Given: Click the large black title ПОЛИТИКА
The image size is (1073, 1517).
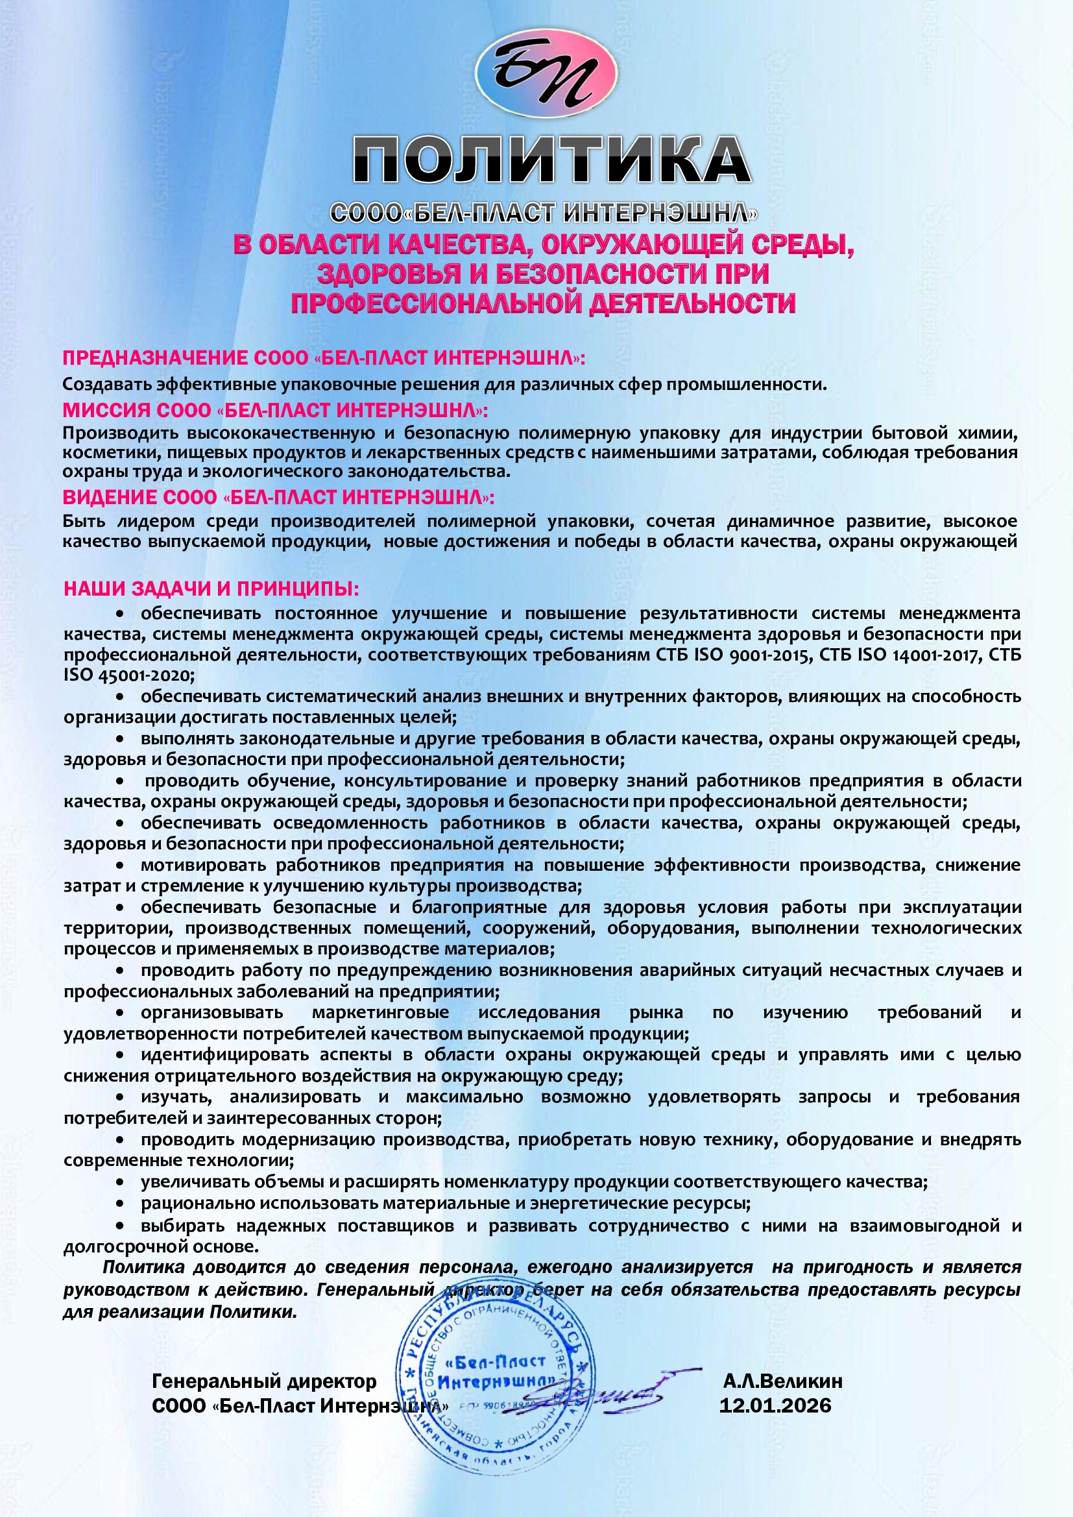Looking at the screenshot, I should (x=551, y=160).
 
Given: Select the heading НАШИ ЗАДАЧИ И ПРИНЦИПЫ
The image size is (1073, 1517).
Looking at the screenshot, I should (x=211, y=589).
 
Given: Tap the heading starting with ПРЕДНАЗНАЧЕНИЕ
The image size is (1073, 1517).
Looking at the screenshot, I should (x=324, y=358).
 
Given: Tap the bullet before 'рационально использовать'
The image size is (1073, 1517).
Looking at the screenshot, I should (x=120, y=1203).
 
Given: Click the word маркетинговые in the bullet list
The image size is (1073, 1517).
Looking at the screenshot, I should (x=380, y=1013).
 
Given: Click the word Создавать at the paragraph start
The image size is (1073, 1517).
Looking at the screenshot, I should (x=107, y=385).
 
